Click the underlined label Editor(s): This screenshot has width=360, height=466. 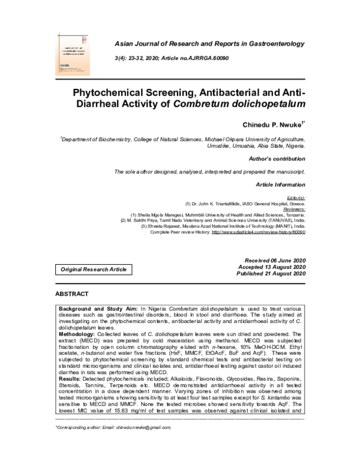[x=295, y=198]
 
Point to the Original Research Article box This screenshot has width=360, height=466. [x=94, y=270]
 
